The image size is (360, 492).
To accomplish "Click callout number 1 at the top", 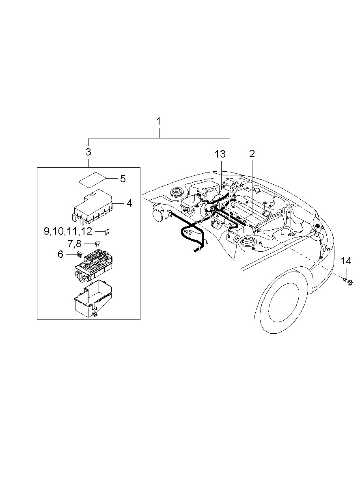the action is click(x=158, y=121).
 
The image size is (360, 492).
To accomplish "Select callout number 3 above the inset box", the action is click(x=88, y=152).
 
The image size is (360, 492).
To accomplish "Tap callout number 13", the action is click(x=220, y=154).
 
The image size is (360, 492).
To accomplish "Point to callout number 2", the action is click(x=252, y=154).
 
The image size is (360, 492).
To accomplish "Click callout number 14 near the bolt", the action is click(x=346, y=261).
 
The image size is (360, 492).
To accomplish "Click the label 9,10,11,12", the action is click(x=68, y=231).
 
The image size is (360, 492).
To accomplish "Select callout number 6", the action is click(x=60, y=254).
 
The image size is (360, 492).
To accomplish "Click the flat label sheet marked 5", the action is click(x=92, y=180).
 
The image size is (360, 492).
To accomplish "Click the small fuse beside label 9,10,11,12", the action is click(x=108, y=232).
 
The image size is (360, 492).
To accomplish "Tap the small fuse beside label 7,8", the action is click(x=97, y=244).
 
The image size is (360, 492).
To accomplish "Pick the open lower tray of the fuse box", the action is click(x=93, y=298).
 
